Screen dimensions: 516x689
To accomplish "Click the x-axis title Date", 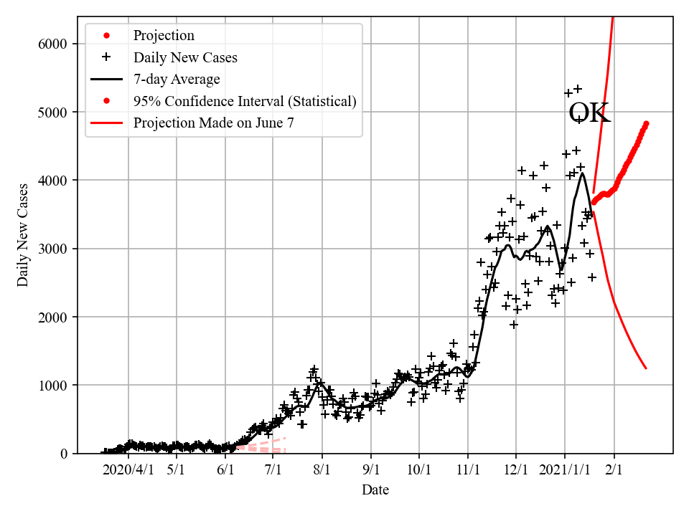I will [x=375, y=490].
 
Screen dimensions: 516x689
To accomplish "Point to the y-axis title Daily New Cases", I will [x=23, y=235].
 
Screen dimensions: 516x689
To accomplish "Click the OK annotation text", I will [x=589, y=113].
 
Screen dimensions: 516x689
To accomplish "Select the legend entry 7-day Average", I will [x=177, y=80].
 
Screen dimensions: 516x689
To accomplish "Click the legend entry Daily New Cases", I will [x=185, y=57].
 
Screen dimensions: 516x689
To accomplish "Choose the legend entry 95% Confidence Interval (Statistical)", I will [x=245, y=101].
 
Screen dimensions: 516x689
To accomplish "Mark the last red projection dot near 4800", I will [x=646, y=124].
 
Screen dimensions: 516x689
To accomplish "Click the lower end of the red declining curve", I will [x=646, y=368].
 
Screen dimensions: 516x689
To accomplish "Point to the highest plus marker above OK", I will [x=578, y=89].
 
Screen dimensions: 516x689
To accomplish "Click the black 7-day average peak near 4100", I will [x=583, y=173].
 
